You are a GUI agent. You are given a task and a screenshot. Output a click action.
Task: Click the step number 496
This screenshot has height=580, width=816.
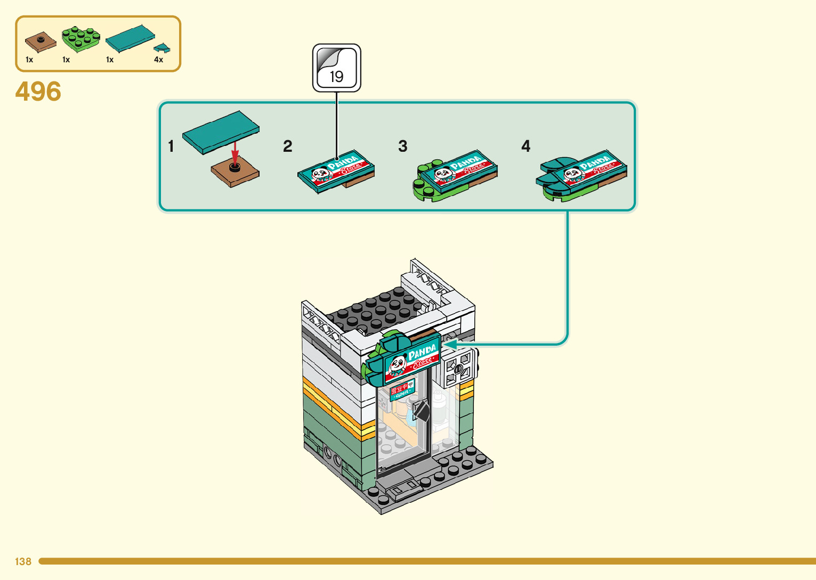38,92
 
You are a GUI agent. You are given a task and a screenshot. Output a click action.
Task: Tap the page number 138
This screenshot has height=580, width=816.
23,561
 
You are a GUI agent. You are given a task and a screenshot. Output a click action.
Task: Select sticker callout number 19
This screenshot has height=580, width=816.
336,69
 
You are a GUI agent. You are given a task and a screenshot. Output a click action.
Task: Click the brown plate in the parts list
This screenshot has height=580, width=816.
40,41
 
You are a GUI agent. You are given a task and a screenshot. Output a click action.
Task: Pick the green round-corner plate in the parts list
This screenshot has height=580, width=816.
80,38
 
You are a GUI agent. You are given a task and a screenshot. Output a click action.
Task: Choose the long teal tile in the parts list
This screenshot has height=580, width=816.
130,38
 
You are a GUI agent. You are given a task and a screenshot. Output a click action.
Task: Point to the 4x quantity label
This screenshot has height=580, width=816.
158,60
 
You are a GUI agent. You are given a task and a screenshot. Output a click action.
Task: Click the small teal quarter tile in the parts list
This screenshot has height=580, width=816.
162,48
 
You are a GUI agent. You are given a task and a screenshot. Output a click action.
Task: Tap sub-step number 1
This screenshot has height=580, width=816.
171,146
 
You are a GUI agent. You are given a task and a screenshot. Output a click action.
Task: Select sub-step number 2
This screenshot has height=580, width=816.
288,146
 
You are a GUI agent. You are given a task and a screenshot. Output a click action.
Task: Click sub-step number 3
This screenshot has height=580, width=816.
403,146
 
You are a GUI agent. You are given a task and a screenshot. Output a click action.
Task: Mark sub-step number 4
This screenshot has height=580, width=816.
526,146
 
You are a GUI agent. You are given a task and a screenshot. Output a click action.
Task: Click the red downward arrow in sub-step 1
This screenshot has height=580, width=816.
235,153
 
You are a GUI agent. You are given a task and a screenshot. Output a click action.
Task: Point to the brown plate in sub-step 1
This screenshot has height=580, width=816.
235,174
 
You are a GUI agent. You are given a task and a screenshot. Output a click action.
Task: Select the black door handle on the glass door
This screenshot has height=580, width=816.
421,411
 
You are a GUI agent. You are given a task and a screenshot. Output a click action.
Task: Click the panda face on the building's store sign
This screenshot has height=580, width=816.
398,365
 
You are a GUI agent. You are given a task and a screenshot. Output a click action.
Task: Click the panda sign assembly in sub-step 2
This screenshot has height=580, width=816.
336,170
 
